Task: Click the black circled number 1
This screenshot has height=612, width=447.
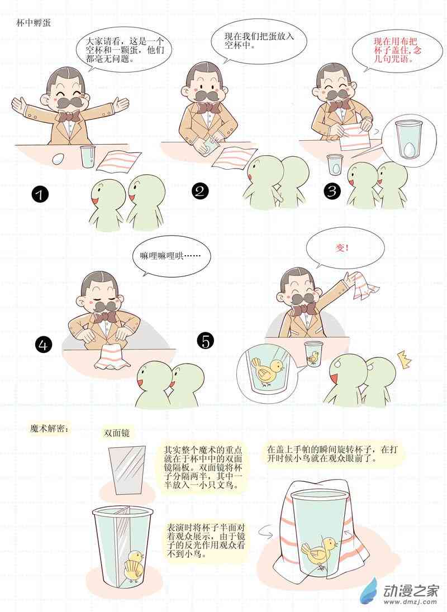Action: [x=40, y=194]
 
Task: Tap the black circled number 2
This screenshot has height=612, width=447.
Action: [x=200, y=191]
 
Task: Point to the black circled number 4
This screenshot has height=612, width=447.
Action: [x=44, y=345]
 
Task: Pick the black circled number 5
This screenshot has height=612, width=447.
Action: [x=206, y=341]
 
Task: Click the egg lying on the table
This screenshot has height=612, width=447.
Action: [x=58, y=159]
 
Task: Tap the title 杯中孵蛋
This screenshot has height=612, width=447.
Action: [x=34, y=23]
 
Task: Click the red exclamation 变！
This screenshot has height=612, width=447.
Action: [x=343, y=247]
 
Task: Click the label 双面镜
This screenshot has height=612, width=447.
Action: [x=116, y=433]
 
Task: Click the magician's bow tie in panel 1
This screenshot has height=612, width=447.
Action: [x=69, y=116]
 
